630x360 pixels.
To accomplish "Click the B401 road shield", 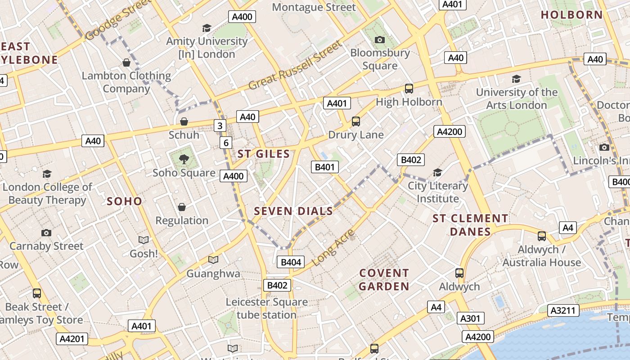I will tap(324, 167).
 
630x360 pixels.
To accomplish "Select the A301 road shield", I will tap(470, 318).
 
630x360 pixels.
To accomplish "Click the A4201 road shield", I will tap(72, 339).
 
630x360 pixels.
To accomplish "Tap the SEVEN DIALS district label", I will tap(293, 211).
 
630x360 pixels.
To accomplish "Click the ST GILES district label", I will tap(264, 154).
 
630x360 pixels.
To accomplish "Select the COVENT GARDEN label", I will tap(384, 279).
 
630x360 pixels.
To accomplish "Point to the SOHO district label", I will tap(125, 201).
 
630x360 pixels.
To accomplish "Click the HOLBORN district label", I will tap(571, 15).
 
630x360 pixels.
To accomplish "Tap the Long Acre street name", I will tap(333, 247).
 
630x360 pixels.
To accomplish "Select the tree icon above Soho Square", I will tap(184, 158).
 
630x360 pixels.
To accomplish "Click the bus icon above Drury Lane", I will tap(355, 121).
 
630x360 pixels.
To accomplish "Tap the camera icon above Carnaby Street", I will tap(46, 233).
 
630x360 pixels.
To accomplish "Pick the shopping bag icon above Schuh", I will tap(184, 121).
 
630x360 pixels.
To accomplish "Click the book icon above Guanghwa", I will tap(213, 260).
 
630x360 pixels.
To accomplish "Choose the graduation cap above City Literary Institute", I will tap(437, 172).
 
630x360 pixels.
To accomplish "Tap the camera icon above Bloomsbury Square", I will tap(380, 40).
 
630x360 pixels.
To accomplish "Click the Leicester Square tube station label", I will tap(266, 308).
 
